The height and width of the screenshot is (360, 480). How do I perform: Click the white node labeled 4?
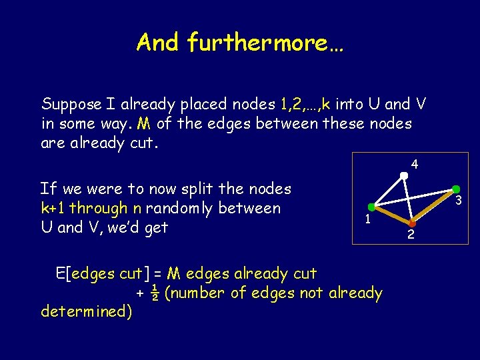[x=404, y=176]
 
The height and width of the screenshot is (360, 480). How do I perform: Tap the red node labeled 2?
[x=413, y=222]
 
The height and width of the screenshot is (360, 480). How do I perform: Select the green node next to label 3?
[x=456, y=189]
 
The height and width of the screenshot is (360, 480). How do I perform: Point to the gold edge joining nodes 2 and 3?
[x=435, y=205]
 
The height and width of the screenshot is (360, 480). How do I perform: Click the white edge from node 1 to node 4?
[x=390, y=191]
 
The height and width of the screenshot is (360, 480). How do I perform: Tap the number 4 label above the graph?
[x=415, y=164]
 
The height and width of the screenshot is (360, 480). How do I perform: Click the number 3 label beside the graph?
[x=459, y=201]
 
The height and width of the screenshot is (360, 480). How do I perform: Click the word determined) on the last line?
[x=86, y=311]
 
